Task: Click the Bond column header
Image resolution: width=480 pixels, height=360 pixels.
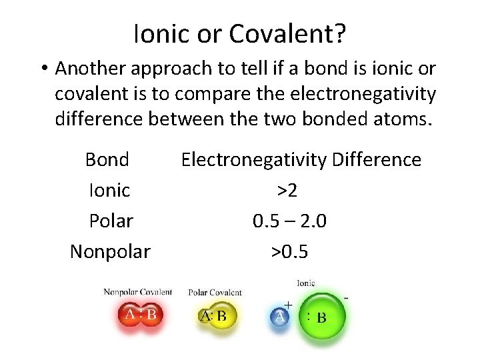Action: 107,159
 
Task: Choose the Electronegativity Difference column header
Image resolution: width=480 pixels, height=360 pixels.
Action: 301,159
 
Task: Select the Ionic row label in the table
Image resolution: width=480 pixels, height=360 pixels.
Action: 109,190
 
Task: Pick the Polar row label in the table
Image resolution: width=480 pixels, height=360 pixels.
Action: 111,221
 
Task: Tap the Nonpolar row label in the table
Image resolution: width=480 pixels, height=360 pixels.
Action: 110,251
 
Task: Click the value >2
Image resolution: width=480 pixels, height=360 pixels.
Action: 287,190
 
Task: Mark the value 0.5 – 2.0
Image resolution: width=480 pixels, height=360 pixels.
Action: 289,221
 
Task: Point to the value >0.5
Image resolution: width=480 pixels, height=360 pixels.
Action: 289,251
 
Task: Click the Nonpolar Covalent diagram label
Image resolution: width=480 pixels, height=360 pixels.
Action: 138,292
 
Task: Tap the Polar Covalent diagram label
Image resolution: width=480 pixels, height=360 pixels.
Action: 215,293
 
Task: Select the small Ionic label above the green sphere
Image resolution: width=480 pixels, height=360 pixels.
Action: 305,283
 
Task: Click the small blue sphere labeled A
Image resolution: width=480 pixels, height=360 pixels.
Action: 280,317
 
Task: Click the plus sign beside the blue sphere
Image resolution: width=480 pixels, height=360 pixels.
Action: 288,305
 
